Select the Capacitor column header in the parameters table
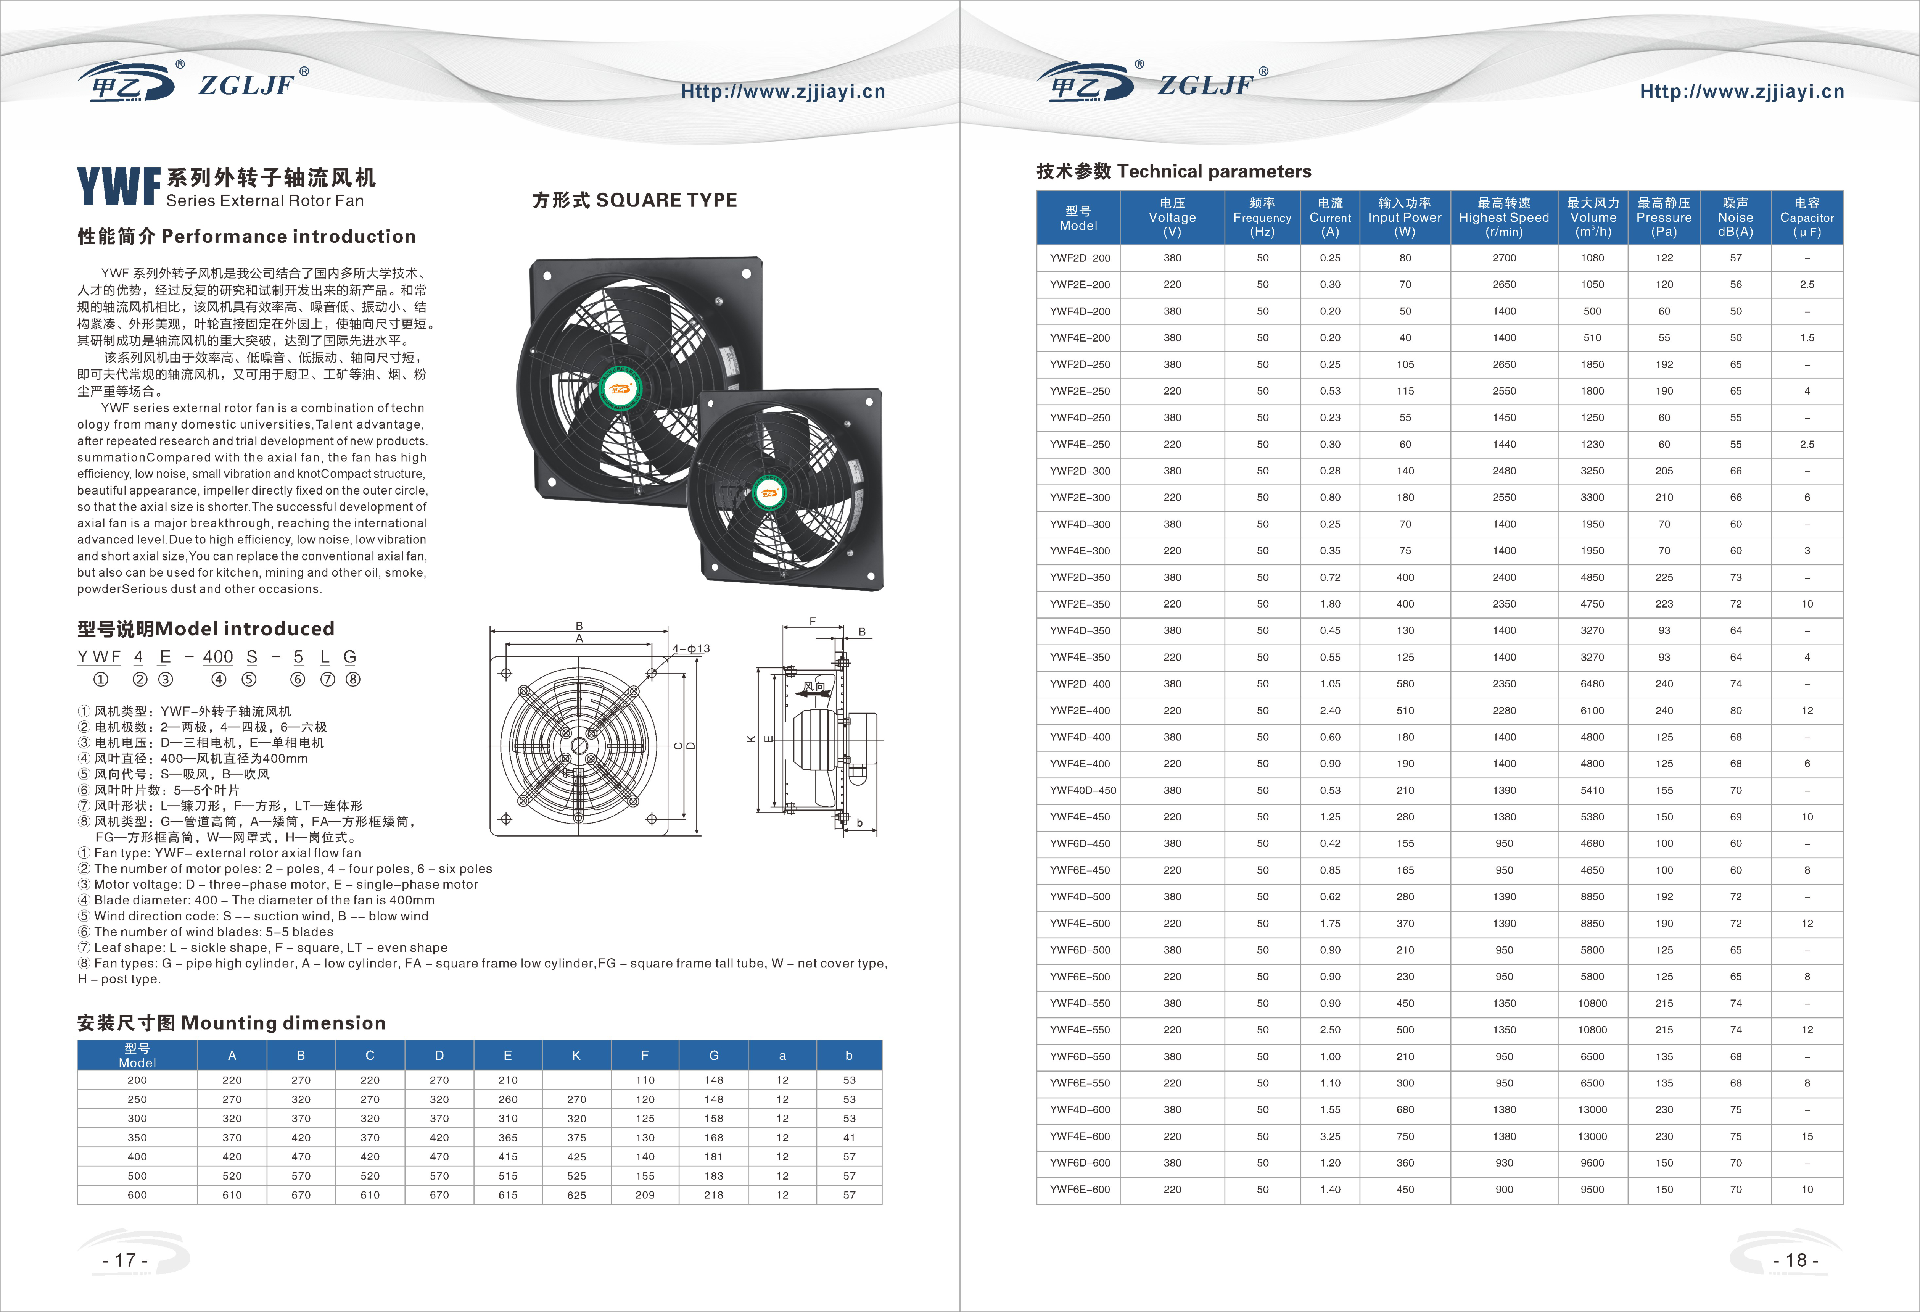pos(1807,217)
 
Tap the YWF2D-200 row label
pos(1080,258)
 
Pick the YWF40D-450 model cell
pos(1082,790)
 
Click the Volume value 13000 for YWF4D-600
pos(1592,1110)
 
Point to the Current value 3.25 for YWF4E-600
pos(1330,1136)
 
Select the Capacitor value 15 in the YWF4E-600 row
pos(1807,1136)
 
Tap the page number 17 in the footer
pos(126,1260)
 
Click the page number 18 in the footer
pos(1795,1260)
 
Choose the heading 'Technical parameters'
pos(1213,171)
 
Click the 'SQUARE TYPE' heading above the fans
pos(667,200)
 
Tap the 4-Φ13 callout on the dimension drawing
pos(690,649)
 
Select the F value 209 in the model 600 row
pos(645,1195)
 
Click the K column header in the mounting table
pos(576,1055)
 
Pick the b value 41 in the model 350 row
pos(849,1138)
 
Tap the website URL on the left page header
pos(782,91)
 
